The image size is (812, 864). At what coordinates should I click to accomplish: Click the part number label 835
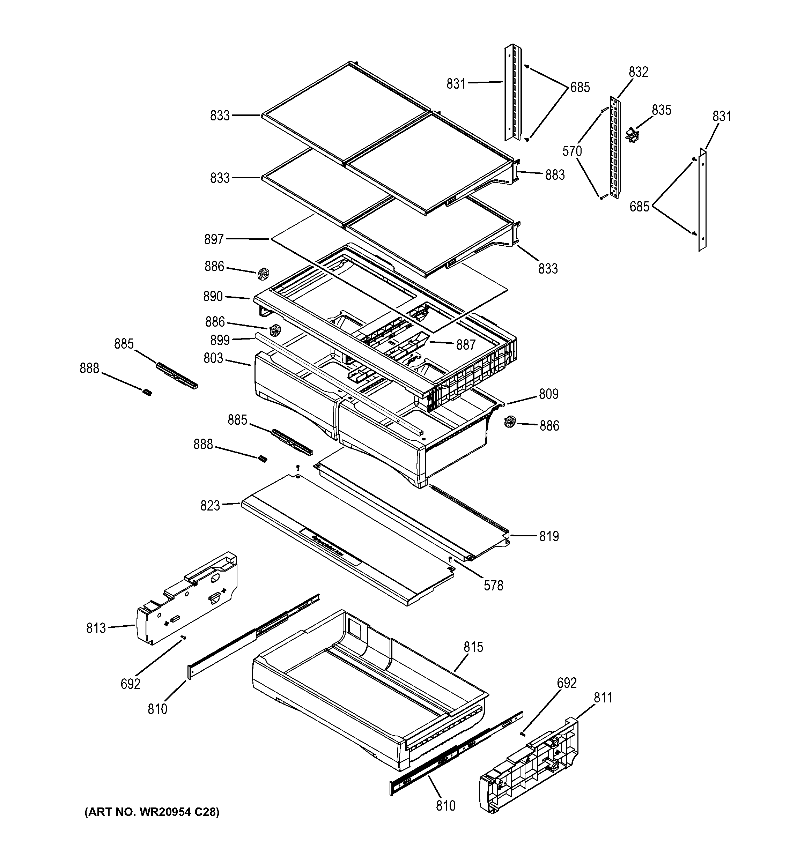pos(661,110)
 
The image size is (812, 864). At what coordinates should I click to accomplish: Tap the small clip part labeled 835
pos(632,134)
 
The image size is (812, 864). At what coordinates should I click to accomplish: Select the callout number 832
pos(638,72)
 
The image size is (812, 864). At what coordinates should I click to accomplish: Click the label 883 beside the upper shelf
pos(555,175)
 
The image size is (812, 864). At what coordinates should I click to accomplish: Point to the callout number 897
pos(214,239)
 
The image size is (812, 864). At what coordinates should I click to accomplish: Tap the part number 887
pos(466,345)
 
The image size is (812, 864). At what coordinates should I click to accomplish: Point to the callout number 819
pos(549,536)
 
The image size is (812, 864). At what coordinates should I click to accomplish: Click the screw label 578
pos(493,586)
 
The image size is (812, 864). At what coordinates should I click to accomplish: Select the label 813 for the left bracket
pos(96,628)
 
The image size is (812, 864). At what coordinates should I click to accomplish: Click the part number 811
pos(603,698)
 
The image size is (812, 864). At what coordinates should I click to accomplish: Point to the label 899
pos(220,340)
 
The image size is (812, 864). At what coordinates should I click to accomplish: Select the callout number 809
pos(548,394)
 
